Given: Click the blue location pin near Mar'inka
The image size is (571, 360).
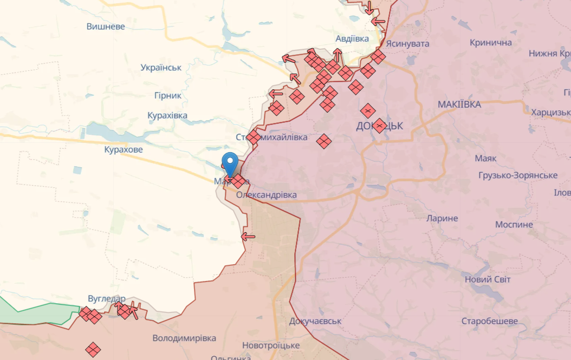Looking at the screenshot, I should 230,162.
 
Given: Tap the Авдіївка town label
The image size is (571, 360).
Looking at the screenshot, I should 352,39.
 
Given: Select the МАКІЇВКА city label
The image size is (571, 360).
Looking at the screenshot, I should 459,104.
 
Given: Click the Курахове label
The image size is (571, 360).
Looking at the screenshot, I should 124,149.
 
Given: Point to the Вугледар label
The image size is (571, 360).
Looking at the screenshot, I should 107,299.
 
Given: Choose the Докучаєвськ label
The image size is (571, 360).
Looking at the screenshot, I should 315,321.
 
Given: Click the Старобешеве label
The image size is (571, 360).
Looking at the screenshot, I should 489,321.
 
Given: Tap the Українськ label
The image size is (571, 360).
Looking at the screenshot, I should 161,68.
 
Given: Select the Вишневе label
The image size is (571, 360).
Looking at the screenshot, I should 106,27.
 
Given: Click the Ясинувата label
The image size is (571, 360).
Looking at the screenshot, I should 407,43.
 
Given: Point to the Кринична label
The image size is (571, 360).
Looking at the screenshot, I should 491,43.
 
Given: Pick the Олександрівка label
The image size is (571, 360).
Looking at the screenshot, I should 267,195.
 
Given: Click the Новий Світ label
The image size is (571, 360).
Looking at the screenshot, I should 488,279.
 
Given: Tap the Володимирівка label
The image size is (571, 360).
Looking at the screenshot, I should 184,338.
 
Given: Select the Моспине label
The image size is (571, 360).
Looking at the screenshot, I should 514,224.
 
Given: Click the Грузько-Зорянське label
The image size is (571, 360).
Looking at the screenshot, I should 518,175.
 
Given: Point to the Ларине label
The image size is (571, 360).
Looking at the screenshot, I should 442,219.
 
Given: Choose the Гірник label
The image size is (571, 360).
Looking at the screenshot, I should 167,95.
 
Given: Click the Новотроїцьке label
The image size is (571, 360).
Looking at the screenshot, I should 271,345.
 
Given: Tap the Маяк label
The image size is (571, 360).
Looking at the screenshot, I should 485,159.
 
